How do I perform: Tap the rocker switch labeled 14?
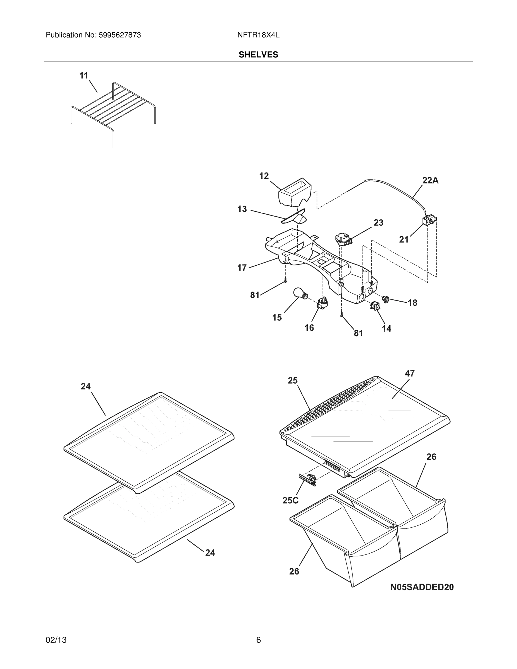pos(375,306)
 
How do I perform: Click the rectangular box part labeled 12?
pos(295,193)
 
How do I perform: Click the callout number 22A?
pos(430,181)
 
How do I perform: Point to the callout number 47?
pos(409,374)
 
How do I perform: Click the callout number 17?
pos(242,268)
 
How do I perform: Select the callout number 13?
pos(242,209)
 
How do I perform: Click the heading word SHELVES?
pos(258,55)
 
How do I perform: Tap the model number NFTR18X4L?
pos(258,35)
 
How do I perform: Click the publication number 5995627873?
pos(120,35)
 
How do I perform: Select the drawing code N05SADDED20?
pos(422,587)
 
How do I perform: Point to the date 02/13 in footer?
pos(56,640)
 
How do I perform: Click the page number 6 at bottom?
pos(258,640)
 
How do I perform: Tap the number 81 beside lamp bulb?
pos(254,295)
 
